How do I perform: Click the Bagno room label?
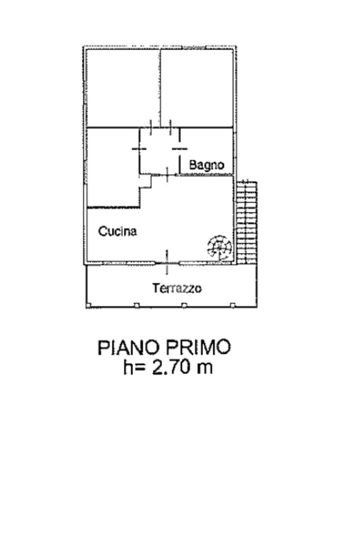[x=207, y=165]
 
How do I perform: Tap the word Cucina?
[x=118, y=231]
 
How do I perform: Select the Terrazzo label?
[x=177, y=288]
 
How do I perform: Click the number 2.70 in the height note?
[x=171, y=367]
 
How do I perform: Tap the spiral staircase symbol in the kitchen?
[x=219, y=247]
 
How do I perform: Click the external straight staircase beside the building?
[x=247, y=222]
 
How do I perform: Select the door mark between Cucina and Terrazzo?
[x=167, y=262]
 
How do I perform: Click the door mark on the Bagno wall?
[x=180, y=149]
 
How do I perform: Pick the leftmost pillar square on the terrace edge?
[x=89, y=305]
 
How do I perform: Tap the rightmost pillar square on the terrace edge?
[x=232, y=305]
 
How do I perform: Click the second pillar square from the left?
[x=137, y=305]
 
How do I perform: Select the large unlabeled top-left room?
[x=123, y=89]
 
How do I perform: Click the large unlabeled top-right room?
[x=197, y=89]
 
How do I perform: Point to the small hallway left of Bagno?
[x=160, y=151]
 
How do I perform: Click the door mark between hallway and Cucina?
[x=167, y=175]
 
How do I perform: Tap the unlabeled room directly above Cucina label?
[x=113, y=167]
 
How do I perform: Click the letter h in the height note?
[x=128, y=367]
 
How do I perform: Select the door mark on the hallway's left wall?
[x=139, y=149]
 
